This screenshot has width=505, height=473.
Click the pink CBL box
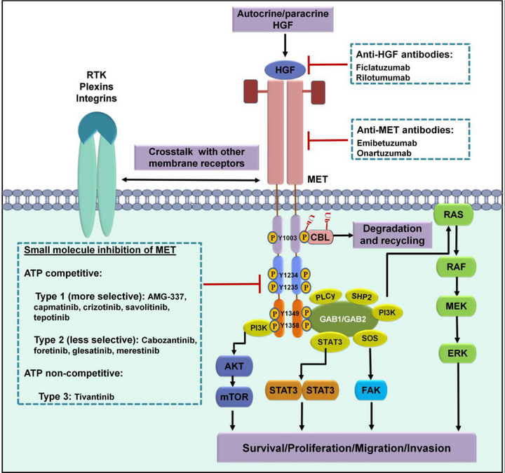click(x=324, y=236)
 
